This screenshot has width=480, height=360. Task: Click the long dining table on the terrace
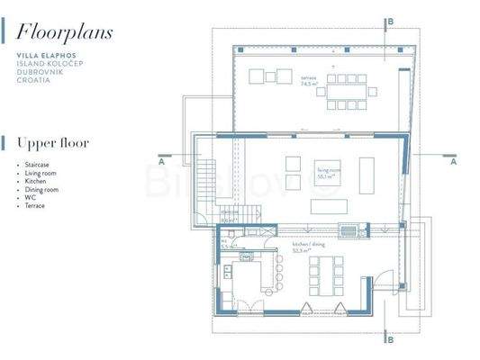pos(348,91)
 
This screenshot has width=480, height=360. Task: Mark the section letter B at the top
pos(389,21)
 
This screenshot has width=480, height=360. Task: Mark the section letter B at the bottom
pos(389,339)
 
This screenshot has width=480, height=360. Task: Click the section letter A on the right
pos(453,163)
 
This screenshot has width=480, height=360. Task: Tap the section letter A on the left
pos(160,163)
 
